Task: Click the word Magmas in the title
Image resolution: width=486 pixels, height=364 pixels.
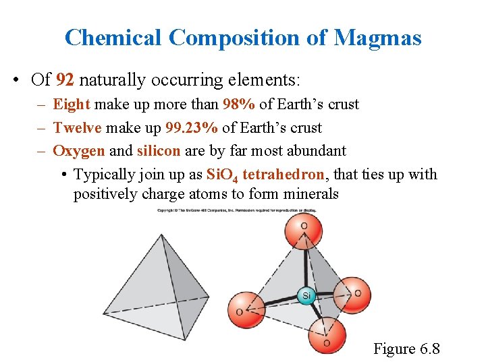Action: click(378, 38)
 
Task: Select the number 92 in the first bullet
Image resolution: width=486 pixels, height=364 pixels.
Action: click(65, 80)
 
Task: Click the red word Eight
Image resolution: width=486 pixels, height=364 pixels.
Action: click(72, 104)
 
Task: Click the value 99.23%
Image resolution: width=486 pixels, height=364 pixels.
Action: click(191, 128)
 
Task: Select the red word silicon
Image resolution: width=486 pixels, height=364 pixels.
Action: click(159, 151)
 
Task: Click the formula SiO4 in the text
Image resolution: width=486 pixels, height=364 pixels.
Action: click(221, 175)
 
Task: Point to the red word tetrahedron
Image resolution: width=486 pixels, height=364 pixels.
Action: click(283, 175)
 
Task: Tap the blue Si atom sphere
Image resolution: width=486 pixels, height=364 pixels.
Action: click(306, 295)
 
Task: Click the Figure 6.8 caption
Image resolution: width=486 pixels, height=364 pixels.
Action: click(406, 349)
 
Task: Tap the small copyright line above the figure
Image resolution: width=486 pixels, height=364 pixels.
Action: click(237, 210)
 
